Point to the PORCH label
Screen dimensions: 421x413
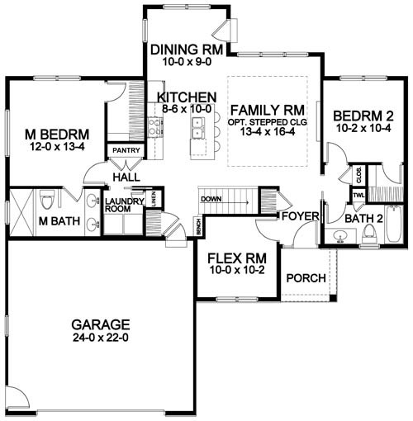306,277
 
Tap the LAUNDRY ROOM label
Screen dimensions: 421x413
125,206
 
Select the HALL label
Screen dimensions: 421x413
126,177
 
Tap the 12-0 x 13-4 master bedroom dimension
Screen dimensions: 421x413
55,147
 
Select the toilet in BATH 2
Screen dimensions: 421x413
369,235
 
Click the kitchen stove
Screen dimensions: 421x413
154,126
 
